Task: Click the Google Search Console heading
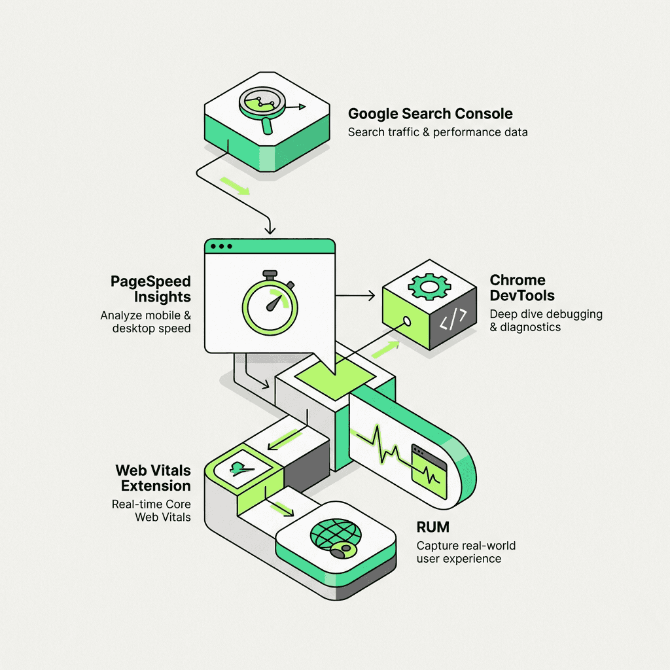(x=430, y=113)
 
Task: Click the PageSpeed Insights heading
(x=150, y=289)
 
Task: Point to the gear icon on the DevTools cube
(x=429, y=285)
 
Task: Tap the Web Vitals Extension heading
(x=153, y=478)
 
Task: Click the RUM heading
(x=433, y=527)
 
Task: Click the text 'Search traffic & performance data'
(x=437, y=132)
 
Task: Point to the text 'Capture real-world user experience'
(x=466, y=552)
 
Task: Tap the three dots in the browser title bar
(x=219, y=247)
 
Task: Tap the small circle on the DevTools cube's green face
(x=406, y=321)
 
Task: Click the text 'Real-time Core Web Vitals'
(x=151, y=511)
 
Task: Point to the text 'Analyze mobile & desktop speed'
(x=145, y=321)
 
